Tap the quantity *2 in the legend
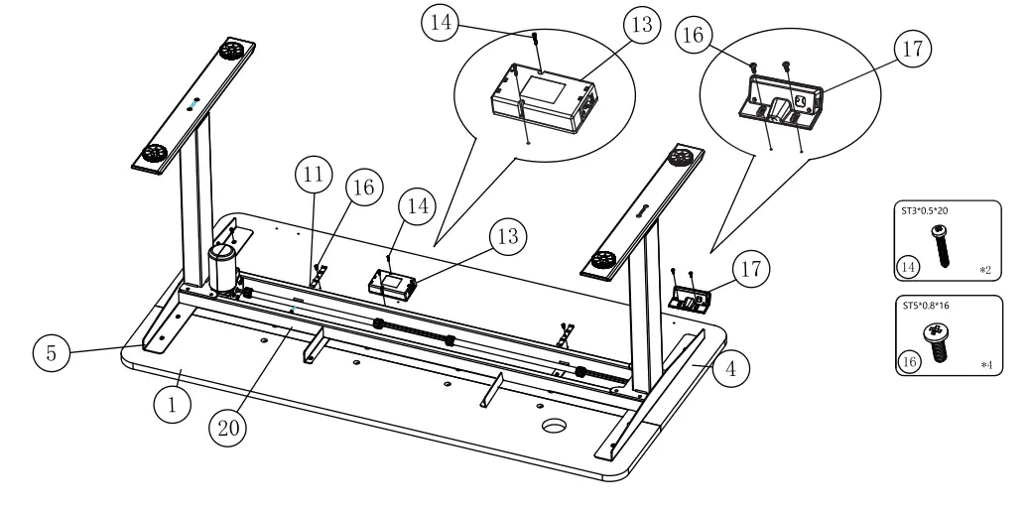[985, 269]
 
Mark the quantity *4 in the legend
[985, 366]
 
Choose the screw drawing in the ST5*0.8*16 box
[937, 335]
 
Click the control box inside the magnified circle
[543, 100]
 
